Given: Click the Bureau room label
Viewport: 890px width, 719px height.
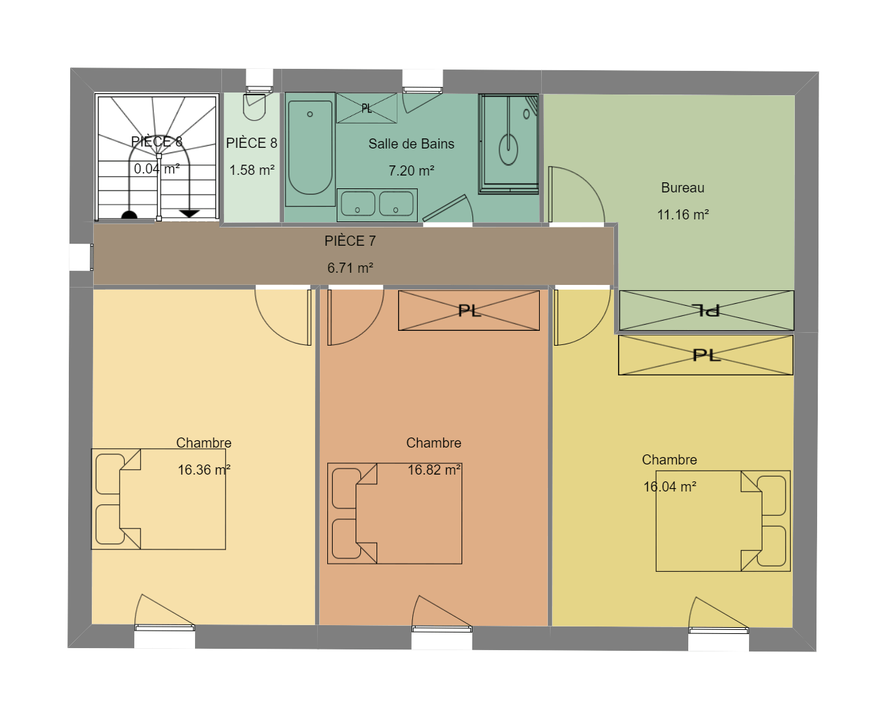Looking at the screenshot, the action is coord(682,188).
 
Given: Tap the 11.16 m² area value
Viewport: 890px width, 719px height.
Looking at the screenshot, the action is coord(683,215).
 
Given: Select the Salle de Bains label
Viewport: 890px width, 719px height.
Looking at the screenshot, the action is coord(411,144).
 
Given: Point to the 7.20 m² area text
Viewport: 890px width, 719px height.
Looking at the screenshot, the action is coord(411,171).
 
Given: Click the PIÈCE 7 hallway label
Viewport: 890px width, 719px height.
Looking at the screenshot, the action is coord(350,241).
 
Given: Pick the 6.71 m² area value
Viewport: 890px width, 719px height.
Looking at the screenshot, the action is coord(350,267).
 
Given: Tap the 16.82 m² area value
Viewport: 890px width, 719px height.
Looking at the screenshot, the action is coord(434,470).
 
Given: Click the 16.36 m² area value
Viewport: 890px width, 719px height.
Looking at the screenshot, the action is coord(204,470).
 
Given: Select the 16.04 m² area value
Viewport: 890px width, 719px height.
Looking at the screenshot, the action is coord(670,487).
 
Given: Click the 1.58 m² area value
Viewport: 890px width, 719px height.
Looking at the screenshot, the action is coord(252,170).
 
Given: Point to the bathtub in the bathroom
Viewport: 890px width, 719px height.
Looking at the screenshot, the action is coord(310,149).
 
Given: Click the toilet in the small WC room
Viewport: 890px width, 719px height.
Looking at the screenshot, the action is coord(254,107).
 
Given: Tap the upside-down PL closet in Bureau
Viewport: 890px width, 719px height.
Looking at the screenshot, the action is coord(706,311).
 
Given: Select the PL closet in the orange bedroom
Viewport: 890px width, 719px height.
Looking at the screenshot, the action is coord(469,311).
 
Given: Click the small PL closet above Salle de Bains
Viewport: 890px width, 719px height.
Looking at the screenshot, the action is coord(366,108).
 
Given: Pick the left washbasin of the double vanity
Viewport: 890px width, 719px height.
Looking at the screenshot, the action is coord(358,204).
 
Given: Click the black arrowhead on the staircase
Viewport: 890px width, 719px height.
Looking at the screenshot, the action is coord(190,213).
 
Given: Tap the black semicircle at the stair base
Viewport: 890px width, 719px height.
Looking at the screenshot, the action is coord(129,215).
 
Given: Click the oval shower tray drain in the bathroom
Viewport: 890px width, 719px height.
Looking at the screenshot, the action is coord(509,149).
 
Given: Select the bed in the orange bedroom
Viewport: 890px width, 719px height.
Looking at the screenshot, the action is coord(395,513).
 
